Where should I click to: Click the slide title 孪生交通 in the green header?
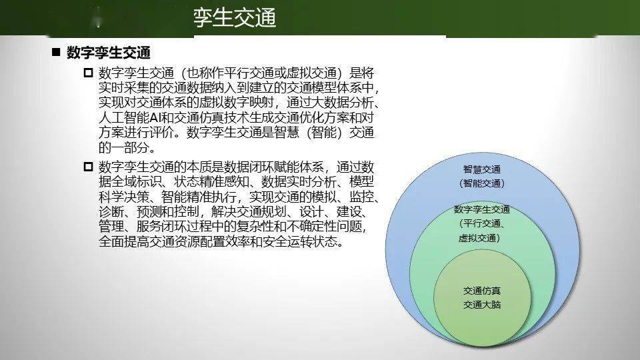point(235,18)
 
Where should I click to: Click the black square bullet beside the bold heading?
point(56,52)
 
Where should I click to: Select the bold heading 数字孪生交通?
point(109,53)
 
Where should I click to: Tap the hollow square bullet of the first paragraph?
point(88,73)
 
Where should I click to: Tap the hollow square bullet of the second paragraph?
point(88,167)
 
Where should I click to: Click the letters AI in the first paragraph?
point(155,118)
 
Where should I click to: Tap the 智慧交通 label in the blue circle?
point(481,169)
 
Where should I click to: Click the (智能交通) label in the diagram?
point(481,183)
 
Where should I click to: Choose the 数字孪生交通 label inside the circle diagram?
point(482,210)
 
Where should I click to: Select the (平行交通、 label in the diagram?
point(482,224)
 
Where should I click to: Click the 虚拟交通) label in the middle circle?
point(479,238)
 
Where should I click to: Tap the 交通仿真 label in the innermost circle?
point(481,291)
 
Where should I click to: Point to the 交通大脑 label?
point(481,305)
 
